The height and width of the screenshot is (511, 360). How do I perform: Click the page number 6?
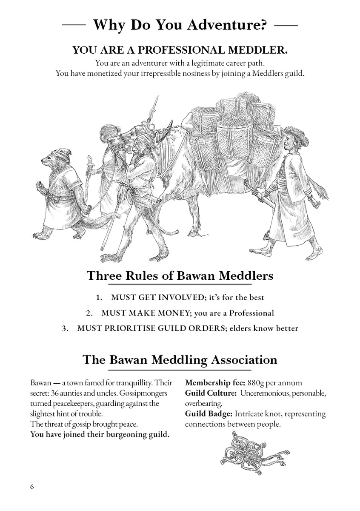(x=31, y=487)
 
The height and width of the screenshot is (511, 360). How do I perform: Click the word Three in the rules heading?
(x=104, y=276)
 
